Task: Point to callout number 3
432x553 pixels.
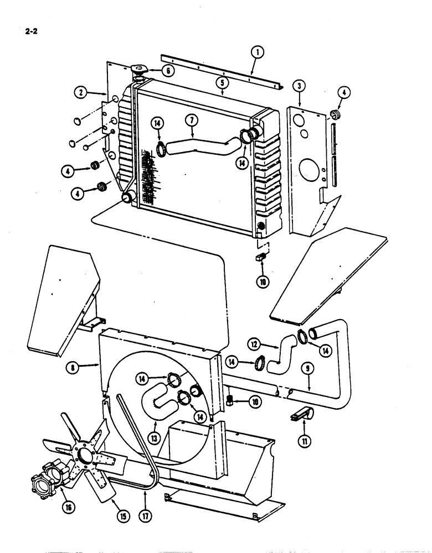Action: click(x=299, y=86)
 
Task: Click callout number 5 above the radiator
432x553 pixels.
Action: click(x=223, y=82)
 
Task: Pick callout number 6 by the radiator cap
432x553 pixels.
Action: click(x=168, y=70)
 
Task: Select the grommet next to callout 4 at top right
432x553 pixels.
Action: click(x=335, y=115)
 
